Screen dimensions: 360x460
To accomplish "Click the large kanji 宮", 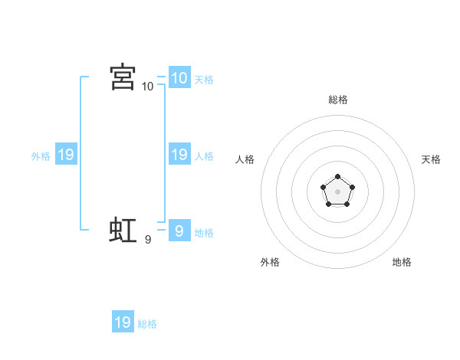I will point(123,77).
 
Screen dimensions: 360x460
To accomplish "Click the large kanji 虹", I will point(123,231).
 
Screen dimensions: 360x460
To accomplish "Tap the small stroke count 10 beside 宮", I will point(148,87).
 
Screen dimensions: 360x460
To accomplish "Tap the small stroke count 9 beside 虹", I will point(148,240).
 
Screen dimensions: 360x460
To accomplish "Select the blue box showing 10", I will point(179,77).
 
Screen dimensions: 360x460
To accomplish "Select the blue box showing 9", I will point(179,231).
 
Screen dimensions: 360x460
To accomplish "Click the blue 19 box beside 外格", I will point(65,155).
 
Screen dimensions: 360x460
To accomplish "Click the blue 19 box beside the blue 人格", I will point(179,155).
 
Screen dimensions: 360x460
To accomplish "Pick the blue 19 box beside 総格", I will point(123,322).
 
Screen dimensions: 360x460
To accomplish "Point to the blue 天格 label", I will point(204,79).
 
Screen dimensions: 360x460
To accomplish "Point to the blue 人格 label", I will point(204,156).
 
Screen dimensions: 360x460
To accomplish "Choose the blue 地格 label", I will point(204,233).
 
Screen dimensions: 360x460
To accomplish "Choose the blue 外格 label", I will point(41,156).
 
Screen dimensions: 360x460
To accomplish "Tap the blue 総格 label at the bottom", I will point(147,324).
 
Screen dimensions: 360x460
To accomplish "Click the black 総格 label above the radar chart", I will point(338,100).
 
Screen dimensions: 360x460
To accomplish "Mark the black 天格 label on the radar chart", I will point(432,159).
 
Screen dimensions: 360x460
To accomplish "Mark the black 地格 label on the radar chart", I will point(402,262).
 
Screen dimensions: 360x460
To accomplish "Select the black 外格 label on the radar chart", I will point(270,262).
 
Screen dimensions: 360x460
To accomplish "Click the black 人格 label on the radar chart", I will point(245,159).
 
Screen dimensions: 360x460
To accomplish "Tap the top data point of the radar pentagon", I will point(338,177).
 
